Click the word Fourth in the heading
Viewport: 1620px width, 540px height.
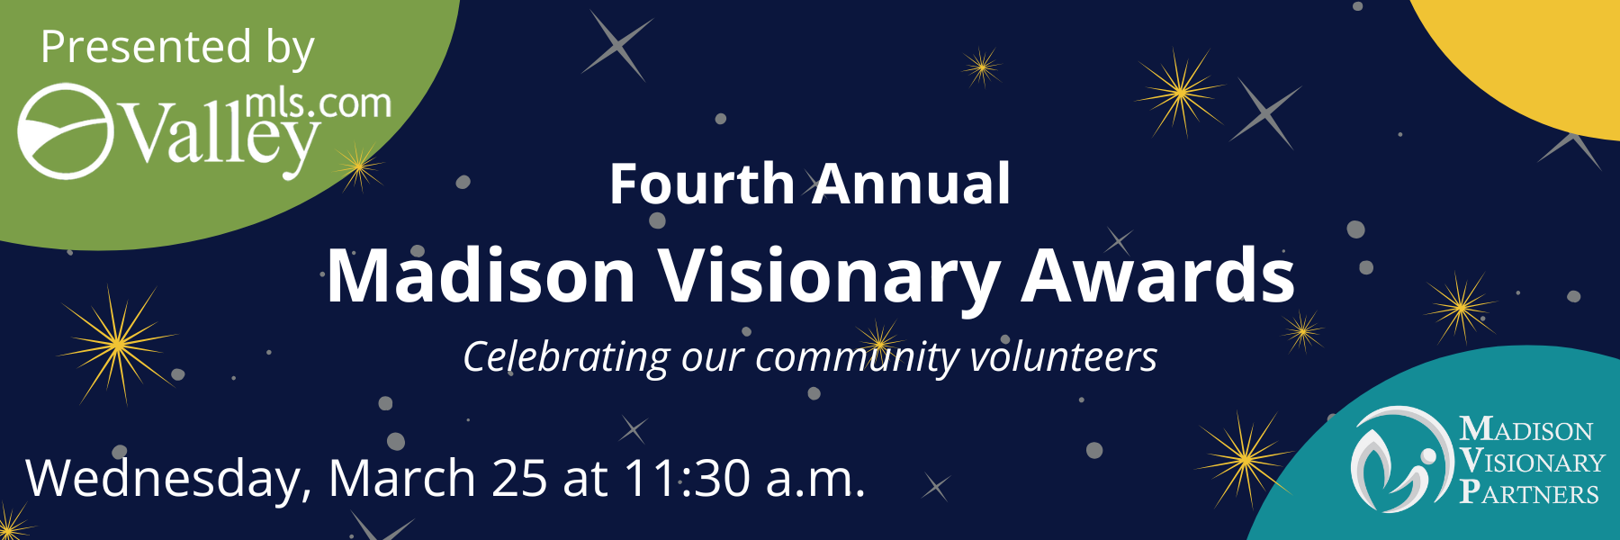point(701,184)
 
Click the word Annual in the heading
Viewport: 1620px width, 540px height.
point(913,184)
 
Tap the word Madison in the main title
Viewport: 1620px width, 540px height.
point(481,275)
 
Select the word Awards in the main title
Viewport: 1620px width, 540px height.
point(1157,275)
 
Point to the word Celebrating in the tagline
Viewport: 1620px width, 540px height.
point(566,357)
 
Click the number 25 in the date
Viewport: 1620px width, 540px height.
point(519,478)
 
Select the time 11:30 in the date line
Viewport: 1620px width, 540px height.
point(687,478)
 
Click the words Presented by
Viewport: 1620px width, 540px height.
point(177,47)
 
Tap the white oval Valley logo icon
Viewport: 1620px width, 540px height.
point(66,131)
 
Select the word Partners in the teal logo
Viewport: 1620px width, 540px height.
point(1529,493)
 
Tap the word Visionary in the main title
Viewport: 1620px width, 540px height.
point(828,275)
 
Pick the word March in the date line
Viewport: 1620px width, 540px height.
point(401,478)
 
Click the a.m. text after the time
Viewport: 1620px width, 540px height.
point(815,478)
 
